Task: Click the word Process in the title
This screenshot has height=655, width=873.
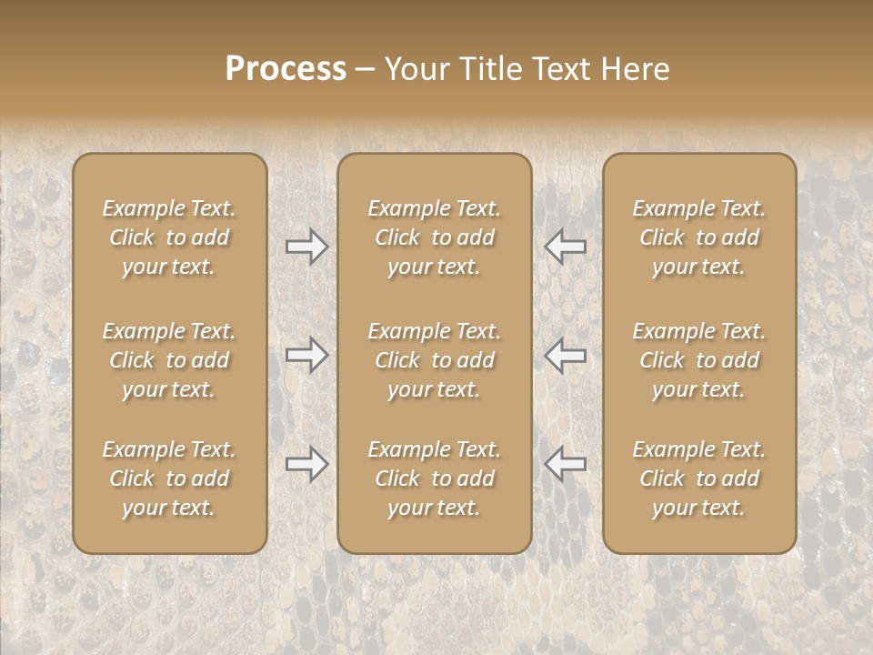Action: click(x=286, y=69)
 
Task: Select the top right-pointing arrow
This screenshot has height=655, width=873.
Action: click(x=307, y=247)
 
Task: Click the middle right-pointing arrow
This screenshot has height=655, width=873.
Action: click(x=307, y=355)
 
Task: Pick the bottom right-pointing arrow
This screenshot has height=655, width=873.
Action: click(x=307, y=464)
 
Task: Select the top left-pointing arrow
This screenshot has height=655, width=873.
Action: click(x=566, y=247)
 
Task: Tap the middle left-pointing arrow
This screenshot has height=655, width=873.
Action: click(x=566, y=355)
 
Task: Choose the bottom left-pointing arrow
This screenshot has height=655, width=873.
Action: click(x=566, y=464)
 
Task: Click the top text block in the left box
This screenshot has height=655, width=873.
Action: click(x=169, y=237)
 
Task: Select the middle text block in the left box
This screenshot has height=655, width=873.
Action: click(x=169, y=360)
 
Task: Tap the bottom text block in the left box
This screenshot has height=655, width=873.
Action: click(x=169, y=479)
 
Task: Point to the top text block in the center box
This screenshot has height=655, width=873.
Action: click(x=435, y=237)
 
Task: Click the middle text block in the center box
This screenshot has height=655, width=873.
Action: click(x=435, y=360)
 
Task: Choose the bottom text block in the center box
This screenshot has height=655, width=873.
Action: click(x=435, y=479)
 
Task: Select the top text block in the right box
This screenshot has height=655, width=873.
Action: click(x=699, y=237)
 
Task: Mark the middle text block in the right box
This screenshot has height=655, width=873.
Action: click(x=699, y=360)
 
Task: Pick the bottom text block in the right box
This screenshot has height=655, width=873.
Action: click(x=699, y=479)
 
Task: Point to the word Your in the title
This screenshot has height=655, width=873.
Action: click(x=416, y=69)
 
